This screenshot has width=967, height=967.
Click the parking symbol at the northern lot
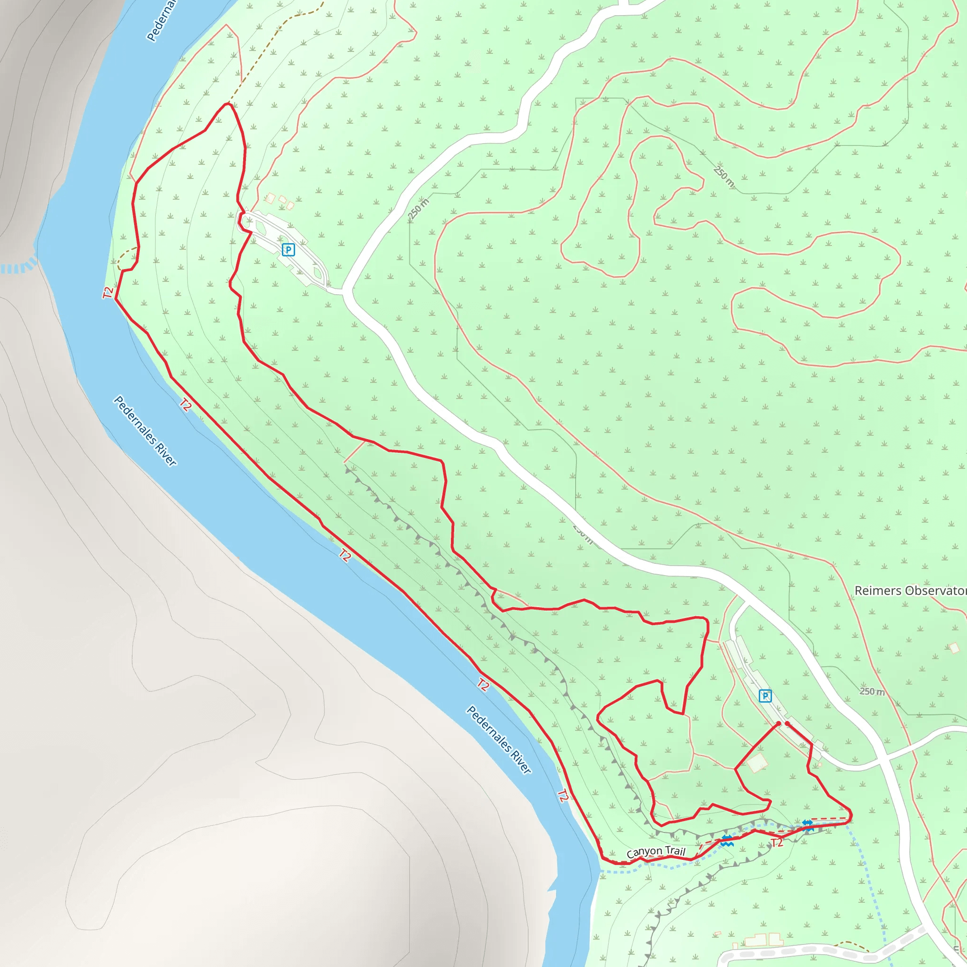[288, 250]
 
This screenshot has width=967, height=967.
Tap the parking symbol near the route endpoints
[765, 696]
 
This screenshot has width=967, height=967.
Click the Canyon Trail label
[656, 851]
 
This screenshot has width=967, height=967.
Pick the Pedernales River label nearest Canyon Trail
[499, 740]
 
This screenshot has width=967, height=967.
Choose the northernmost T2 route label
[108, 292]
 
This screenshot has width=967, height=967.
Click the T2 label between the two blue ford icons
[777, 843]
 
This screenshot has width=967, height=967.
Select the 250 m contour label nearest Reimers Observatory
[872, 692]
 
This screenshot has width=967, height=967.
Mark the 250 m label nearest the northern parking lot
[418, 210]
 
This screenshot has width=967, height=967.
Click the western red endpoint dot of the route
[778, 724]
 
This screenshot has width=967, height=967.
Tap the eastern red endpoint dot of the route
[787, 724]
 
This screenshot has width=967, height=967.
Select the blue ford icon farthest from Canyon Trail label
[807, 825]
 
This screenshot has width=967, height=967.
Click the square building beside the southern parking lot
[757, 763]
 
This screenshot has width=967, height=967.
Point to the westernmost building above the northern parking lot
[270, 198]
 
